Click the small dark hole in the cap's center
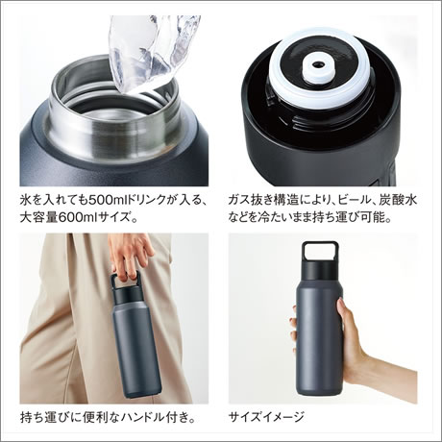coord(318,64)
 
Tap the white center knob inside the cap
coord(318,67)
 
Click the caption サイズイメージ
coord(266,417)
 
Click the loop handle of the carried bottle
coord(125,281)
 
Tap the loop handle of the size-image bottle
coord(320,252)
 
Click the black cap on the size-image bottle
coord(320,269)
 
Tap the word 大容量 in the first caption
coord(38,218)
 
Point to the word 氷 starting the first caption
coord(26,201)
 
